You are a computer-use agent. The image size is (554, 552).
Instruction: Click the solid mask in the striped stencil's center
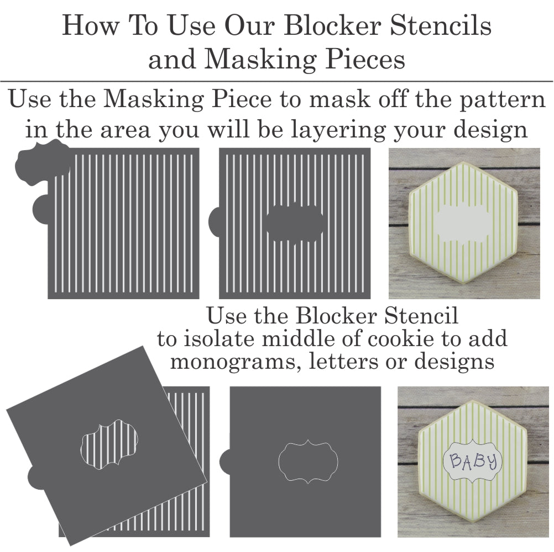(x=295, y=223)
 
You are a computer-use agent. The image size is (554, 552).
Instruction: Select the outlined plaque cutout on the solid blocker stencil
(x=308, y=461)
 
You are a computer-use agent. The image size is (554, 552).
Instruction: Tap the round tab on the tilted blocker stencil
(x=36, y=477)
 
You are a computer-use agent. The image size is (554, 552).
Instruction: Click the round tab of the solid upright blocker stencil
(x=224, y=461)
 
